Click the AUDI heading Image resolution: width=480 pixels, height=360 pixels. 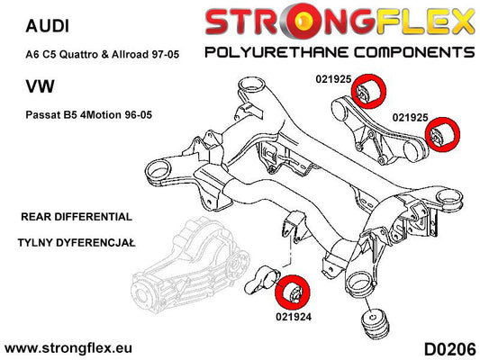point(48,26)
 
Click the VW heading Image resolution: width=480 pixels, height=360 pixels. point(41,86)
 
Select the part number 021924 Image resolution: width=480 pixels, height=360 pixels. point(294,317)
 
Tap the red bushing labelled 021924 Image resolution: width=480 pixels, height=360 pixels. point(293,291)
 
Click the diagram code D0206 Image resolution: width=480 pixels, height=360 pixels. point(450,349)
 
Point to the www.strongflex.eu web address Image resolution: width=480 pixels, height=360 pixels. point(68,348)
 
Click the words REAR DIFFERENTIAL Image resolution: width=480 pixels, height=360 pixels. point(77,217)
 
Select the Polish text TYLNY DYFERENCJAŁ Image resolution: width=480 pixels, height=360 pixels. point(77,243)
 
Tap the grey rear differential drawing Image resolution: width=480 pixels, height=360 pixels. point(190,266)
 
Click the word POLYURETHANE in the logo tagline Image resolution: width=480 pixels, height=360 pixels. point(276,52)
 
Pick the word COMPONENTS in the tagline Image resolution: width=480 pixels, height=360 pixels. point(414,52)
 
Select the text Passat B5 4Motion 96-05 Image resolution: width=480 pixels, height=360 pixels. point(89,115)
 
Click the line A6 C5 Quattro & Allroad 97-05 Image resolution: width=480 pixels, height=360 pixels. point(103,54)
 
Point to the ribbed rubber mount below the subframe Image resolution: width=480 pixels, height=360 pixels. point(375,323)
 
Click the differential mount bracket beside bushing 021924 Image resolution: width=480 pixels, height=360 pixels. point(262,280)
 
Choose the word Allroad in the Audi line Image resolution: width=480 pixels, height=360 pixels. point(131,54)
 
